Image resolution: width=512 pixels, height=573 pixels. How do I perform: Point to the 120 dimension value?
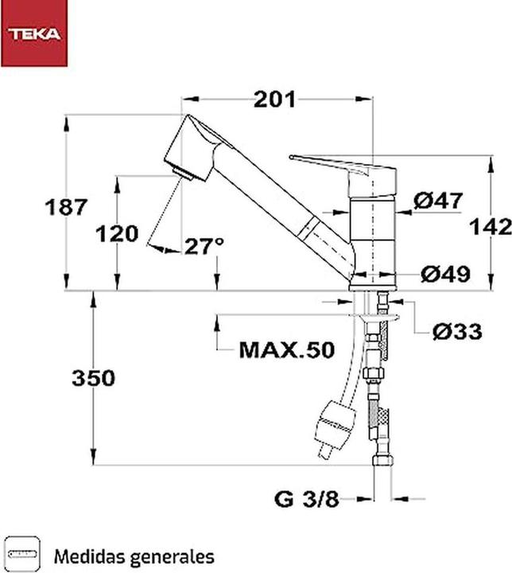117,234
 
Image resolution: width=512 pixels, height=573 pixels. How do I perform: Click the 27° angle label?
203,247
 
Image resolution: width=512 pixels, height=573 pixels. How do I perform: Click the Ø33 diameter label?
456,332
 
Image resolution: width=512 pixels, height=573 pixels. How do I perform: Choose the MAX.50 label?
286,349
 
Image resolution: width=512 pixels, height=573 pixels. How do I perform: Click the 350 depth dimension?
92,378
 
